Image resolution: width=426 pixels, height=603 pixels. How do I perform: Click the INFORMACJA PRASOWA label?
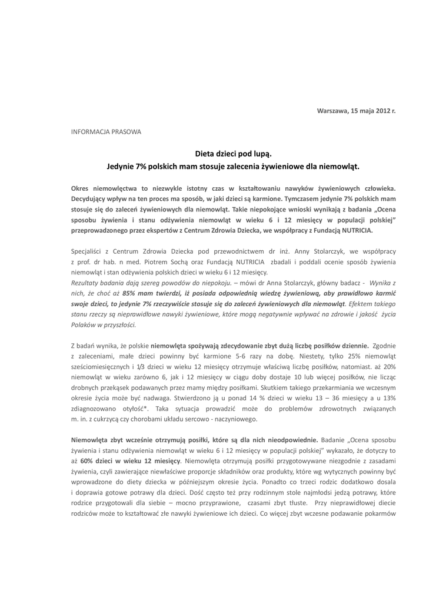pos(106,131)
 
